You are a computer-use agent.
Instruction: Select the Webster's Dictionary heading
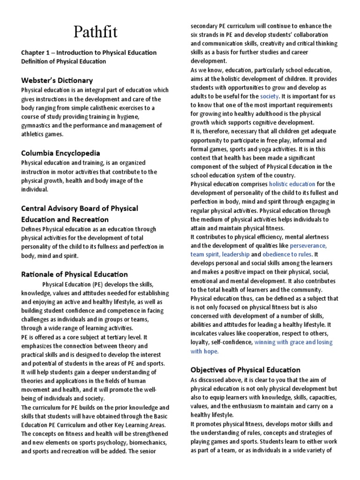[x=57, y=80]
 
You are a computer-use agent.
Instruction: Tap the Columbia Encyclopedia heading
[x=60, y=153]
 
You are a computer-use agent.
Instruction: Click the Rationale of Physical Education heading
[x=74, y=274]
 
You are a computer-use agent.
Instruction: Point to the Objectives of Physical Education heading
[x=245, y=369]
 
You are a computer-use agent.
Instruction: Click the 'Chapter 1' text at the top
[x=36, y=52]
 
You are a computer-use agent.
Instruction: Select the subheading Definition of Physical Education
[x=63, y=61]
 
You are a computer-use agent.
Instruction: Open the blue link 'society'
[x=269, y=96]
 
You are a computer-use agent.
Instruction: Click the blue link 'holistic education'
[x=292, y=184]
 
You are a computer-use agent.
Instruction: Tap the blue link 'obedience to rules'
[x=290, y=255]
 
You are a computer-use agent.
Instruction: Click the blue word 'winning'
[x=266, y=342]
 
